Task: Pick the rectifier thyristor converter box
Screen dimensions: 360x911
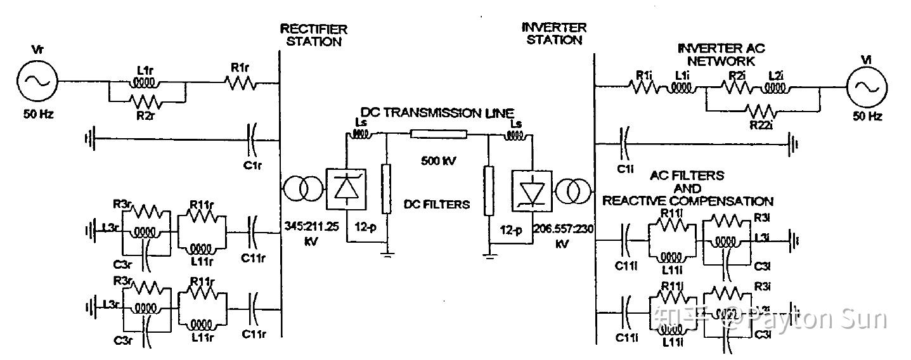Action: [346, 189]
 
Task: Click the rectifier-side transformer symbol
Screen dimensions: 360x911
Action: [302, 189]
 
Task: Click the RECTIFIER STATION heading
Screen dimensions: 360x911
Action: [313, 35]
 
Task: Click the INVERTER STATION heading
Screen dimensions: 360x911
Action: [553, 34]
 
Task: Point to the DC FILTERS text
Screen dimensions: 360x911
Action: [437, 204]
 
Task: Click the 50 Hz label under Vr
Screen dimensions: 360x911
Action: [37, 116]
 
